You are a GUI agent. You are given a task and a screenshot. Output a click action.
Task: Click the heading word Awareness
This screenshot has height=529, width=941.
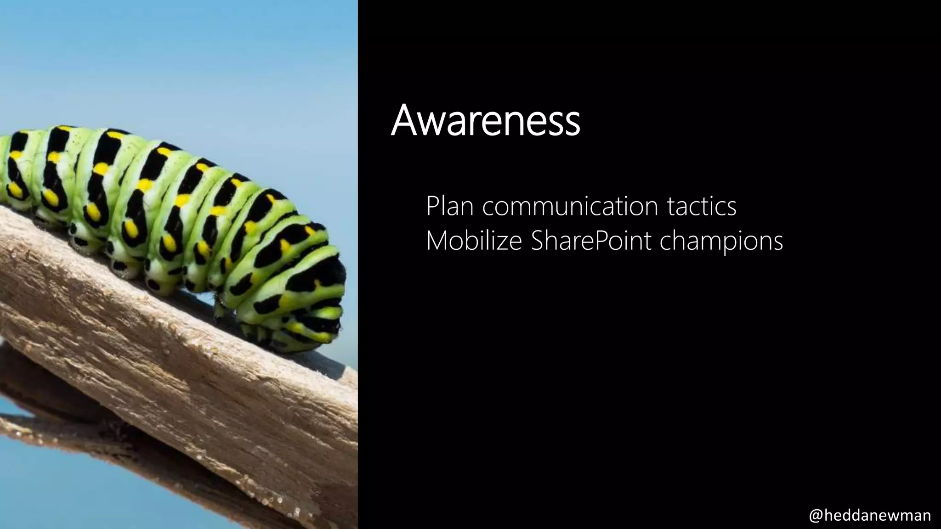pos(485,120)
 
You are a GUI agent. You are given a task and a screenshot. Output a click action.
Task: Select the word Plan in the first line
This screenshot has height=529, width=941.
pos(449,206)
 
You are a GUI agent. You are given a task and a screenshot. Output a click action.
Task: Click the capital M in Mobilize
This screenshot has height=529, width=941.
pos(436,241)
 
